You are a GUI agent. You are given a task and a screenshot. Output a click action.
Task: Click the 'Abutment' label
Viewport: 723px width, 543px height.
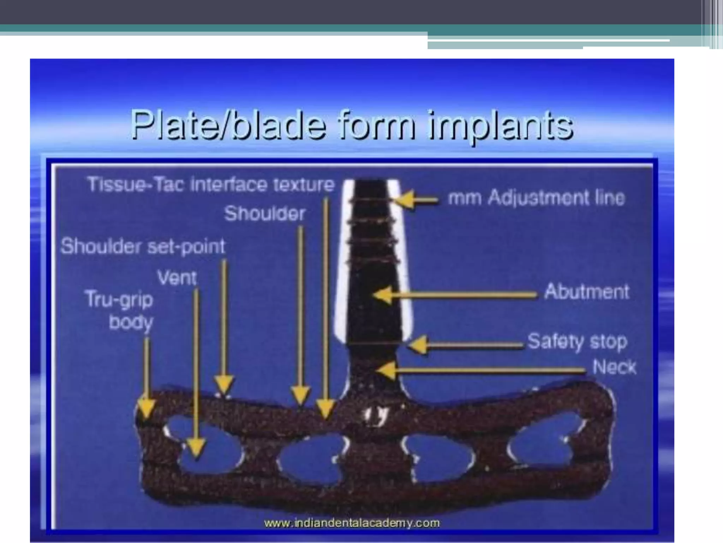(587, 292)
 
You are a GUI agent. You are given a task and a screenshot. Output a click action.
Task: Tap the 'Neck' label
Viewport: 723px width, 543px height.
(614, 367)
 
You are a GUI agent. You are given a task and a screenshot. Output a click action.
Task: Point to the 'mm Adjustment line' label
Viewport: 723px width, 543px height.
(536, 198)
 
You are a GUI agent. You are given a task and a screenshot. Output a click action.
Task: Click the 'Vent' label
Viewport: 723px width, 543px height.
(177, 278)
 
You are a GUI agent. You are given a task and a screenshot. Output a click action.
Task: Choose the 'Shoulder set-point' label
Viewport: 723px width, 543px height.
(143, 246)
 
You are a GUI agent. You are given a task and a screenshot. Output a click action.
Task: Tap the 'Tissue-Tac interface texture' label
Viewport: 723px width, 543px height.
(211, 185)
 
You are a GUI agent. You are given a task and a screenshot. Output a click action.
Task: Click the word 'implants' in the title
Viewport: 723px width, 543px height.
(501, 125)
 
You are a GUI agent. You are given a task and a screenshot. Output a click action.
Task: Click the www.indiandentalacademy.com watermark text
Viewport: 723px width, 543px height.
(352, 523)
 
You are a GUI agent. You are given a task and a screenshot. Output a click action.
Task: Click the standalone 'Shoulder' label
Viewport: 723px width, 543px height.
(265, 214)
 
